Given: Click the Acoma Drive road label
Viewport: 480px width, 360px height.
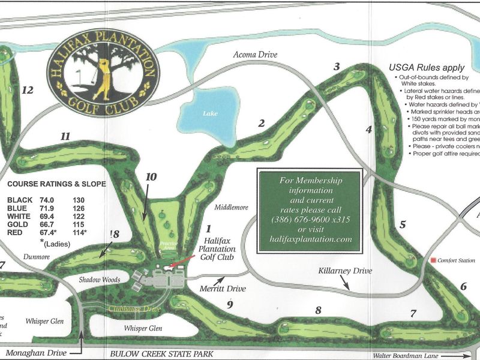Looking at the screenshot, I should [x=256, y=55].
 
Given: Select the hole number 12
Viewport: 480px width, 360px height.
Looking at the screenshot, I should [x=27, y=90].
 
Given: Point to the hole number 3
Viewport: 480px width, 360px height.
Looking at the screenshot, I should [x=337, y=66].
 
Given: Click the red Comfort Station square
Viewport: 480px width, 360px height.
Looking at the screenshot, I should [x=434, y=260].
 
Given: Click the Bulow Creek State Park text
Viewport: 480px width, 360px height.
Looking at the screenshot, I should [x=161, y=355].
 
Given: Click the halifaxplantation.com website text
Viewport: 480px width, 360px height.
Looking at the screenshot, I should [x=310, y=239].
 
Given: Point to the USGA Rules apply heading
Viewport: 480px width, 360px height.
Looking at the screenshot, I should [x=418, y=68].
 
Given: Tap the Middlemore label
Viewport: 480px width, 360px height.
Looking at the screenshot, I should [x=230, y=208].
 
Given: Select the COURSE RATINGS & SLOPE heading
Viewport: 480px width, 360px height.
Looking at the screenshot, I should [x=56, y=184].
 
